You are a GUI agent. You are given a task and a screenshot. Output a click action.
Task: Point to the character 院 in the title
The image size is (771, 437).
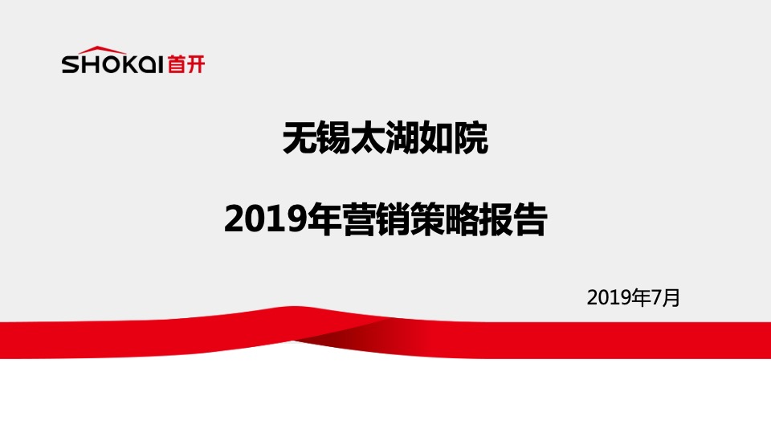[471, 139]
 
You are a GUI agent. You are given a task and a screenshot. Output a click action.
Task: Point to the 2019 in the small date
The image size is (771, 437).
[610, 298]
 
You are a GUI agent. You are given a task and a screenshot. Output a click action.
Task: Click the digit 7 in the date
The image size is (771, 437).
[656, 298]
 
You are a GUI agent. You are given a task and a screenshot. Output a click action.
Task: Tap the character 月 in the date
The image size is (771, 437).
[671, 298]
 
